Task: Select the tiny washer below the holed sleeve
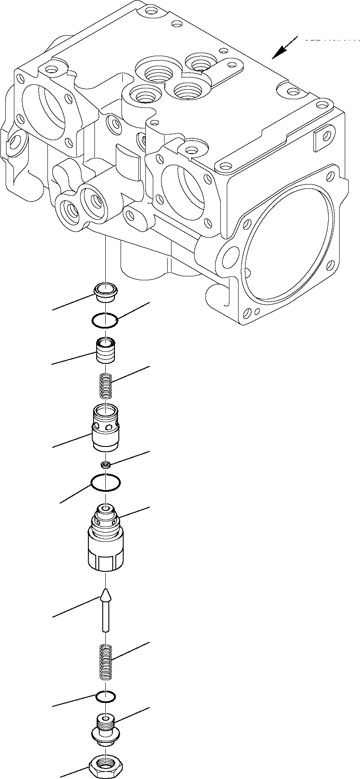105,465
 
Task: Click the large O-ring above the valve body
105,483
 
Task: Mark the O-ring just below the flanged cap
105,320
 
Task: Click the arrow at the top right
283,48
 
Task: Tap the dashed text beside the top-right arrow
331,40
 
